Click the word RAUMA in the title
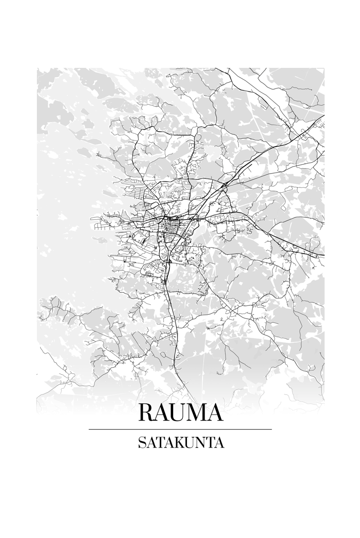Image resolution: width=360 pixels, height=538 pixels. click(x=180, y=413)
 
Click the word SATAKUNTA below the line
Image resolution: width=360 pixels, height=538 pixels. click(x=180, y=443)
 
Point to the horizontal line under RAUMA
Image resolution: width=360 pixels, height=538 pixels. click(x=180, y=429)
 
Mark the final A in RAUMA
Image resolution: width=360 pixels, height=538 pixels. click(x=215, y=413)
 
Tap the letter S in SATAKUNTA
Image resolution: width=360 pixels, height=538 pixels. click(x=141, y=443)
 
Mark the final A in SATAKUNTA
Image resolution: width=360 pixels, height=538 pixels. click(x=219, y=443)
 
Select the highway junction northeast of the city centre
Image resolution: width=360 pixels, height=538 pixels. click(x=224, y=185)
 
